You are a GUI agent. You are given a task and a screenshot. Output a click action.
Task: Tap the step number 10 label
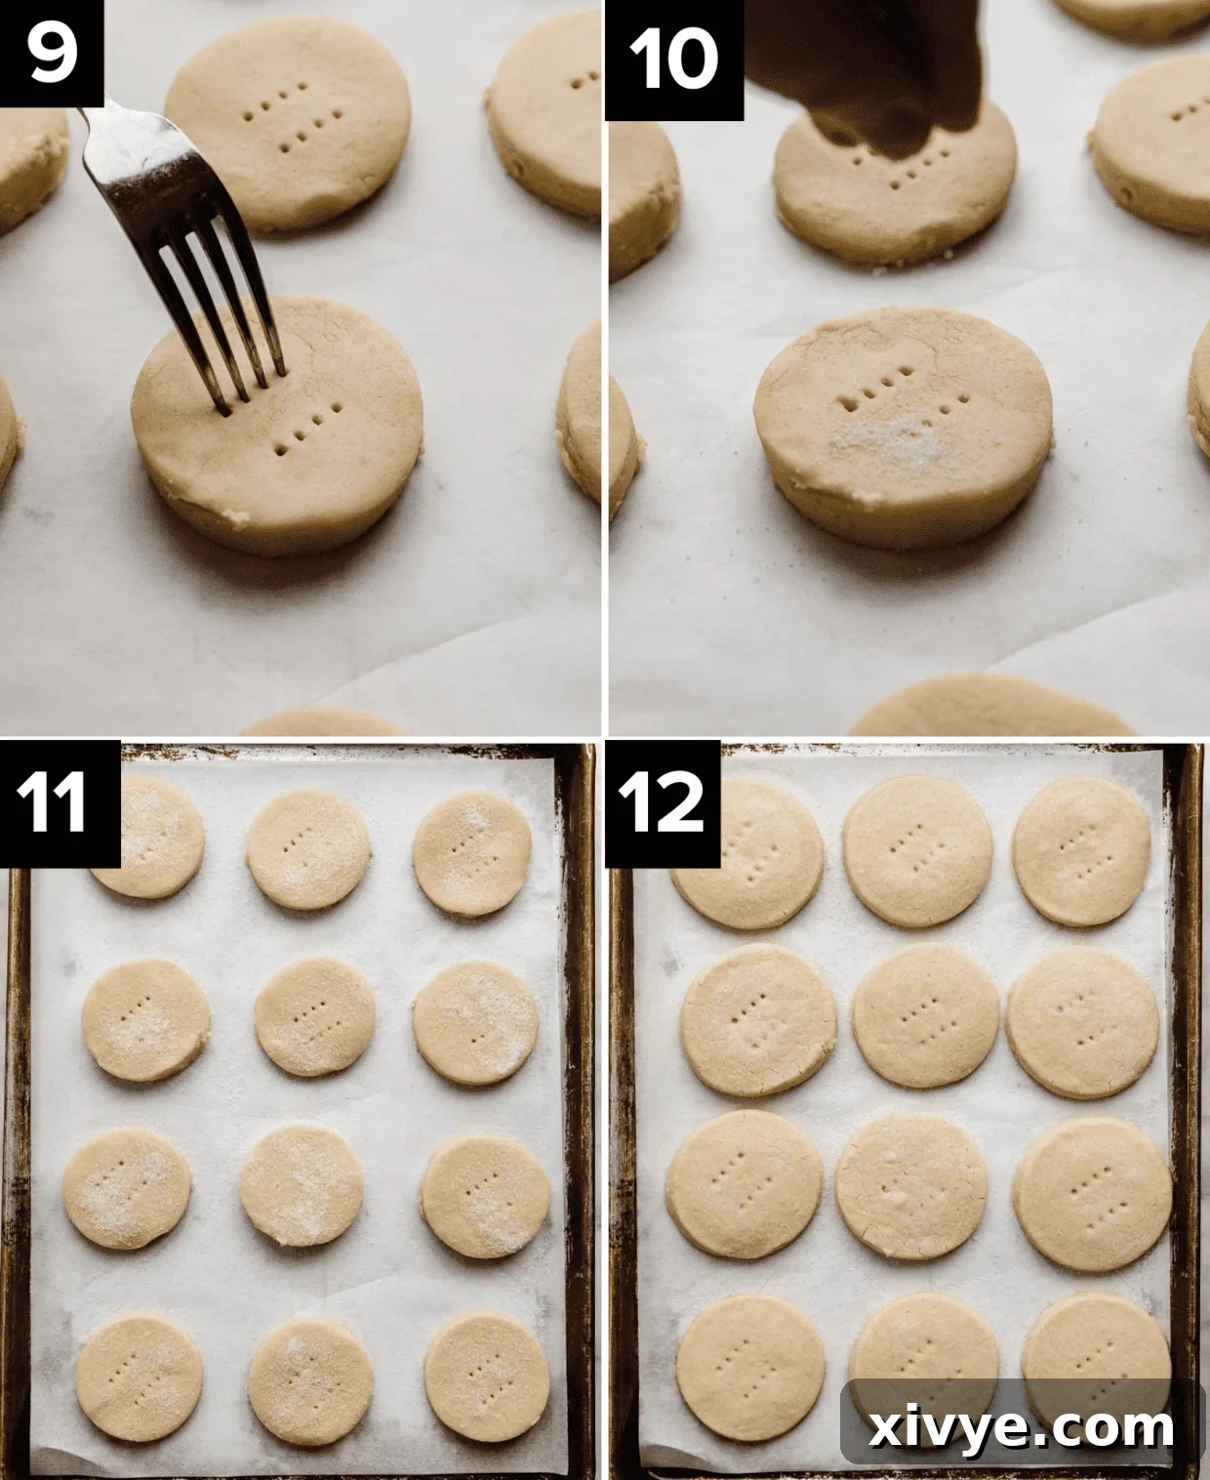(674, 58)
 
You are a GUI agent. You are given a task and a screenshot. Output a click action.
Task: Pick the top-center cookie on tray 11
(308, 848)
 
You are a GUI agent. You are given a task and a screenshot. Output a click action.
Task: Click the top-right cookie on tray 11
(472, 853)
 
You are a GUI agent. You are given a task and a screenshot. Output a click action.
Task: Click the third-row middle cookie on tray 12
(910, 1184)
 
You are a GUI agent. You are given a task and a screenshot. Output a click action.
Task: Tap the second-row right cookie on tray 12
(1081, 1021)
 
